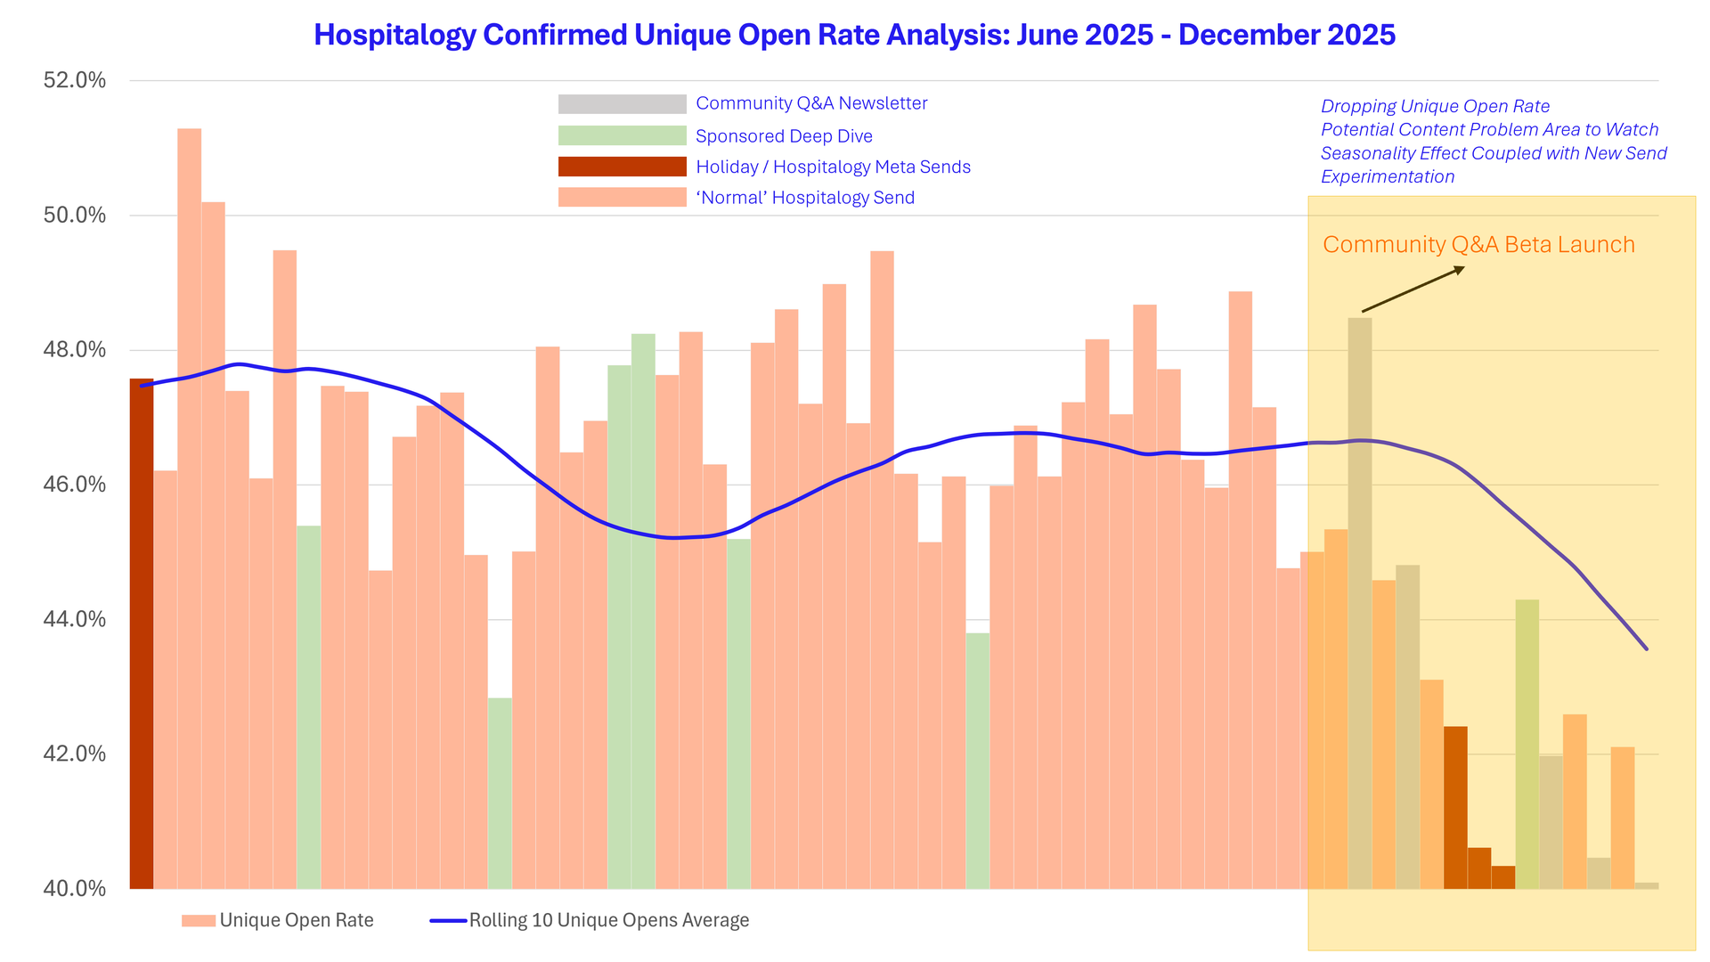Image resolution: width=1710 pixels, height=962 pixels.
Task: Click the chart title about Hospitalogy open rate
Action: pos(854,35)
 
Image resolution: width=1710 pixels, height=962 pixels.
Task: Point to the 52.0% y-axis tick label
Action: pos(75,80)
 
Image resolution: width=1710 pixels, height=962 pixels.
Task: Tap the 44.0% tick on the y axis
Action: pos(75,619)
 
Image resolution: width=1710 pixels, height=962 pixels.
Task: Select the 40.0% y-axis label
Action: pos(75,888)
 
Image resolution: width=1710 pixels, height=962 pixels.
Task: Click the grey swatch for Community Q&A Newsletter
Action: pos(622,104)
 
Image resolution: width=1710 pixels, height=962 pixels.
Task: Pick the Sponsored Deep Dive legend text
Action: pos(784,136)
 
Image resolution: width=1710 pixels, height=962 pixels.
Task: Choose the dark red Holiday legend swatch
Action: pos(622,167)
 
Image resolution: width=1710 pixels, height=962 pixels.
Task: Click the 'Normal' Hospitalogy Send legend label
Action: pos(805,198)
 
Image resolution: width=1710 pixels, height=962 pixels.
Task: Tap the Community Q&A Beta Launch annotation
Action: pos(1478,245)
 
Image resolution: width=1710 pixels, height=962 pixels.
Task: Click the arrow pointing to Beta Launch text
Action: pos(1413,289)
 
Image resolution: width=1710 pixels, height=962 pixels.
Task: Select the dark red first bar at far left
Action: pos(142,632)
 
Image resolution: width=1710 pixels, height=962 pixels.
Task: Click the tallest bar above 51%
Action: pos(189,508)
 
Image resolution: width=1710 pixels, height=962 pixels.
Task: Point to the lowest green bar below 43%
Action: pos(500,793)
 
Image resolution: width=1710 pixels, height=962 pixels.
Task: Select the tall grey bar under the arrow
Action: pos(1360,606)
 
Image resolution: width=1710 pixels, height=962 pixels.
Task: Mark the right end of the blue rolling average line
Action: pos(1647,649)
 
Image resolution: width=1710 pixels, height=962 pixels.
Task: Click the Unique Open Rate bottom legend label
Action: pos(297,920)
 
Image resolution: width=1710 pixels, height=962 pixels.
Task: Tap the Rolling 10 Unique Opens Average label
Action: pos(609,920)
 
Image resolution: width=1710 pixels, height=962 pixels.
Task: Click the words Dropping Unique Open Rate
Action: pos(1435,107)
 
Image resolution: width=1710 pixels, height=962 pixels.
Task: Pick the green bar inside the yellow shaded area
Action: pos(1527,744)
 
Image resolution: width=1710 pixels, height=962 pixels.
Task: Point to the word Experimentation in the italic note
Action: pos(1388,176)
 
